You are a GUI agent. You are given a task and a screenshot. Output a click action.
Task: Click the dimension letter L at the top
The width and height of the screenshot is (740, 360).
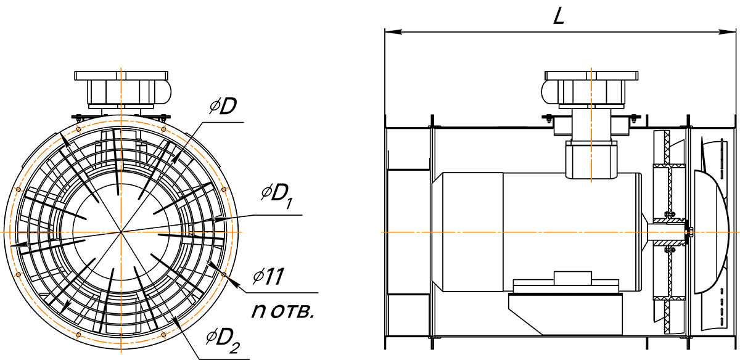tap(559, 16)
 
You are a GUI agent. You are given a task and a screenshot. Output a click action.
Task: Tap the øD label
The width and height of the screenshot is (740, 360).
tap(223, 107)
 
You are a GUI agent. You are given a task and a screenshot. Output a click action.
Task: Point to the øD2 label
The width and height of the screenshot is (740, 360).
tap(223, 341)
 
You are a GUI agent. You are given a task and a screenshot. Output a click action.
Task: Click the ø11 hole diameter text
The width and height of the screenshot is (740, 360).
tap(268, 276)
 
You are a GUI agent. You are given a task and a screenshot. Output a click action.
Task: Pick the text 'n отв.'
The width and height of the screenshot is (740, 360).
tap(282, 311)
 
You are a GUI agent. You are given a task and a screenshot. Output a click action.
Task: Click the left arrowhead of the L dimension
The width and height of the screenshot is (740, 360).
tap(393, 31)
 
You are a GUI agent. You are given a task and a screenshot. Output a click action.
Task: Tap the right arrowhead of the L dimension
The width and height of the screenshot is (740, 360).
tap(728, 31)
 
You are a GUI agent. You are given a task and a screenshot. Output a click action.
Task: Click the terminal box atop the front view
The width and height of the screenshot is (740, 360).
tap(121, 90)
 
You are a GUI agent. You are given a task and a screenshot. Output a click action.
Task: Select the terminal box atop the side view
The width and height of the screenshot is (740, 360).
tap(590, 89)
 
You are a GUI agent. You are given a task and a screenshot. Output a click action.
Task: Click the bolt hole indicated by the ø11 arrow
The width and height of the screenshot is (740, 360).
tap(224, 274)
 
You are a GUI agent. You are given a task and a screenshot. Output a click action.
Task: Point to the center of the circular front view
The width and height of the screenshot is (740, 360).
tap(121, 232)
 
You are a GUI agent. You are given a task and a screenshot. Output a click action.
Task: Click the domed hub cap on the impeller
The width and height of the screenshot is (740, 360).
tap(711, 232)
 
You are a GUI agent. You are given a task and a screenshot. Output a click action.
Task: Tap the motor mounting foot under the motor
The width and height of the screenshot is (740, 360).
tap(565, 314)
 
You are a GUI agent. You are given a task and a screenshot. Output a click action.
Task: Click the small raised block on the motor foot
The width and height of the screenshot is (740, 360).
tap(572, 278)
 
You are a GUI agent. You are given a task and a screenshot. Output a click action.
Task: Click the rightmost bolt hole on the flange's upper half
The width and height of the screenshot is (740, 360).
tap(224, 189)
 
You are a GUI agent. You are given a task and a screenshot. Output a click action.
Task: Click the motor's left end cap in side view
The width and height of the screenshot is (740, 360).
tap(467, 232)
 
